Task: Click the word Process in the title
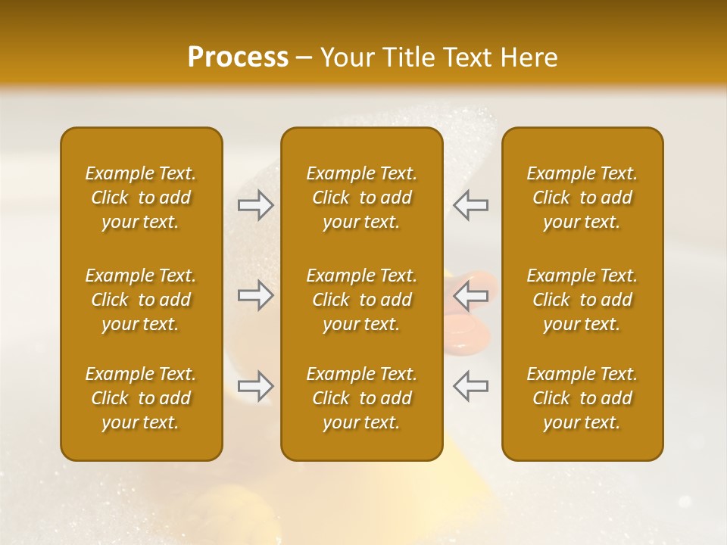click(x=238, y=58)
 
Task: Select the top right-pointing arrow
click(x=256, y=205)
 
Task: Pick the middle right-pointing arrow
click(x=256, y=295)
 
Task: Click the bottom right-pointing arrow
click(x=256, y=386)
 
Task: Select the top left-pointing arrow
click(x=470, y=205)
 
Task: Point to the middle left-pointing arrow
click(x=470, y=295)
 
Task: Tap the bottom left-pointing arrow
click(x=470, y=386)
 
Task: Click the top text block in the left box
click(x=141, y=198)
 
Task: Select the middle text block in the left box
click(x=141, y=300)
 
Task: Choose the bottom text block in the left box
click(x=141, y=398)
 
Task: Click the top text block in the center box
click(x=361, y=198)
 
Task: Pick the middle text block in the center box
click(x=361, y=300)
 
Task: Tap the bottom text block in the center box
click(x=361, y=398)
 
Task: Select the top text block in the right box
click(x=582, y=198)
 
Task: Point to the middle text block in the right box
click(x=582, y=300)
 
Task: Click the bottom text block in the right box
click(x=582, y=398)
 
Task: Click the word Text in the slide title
click(x=463, y=58)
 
